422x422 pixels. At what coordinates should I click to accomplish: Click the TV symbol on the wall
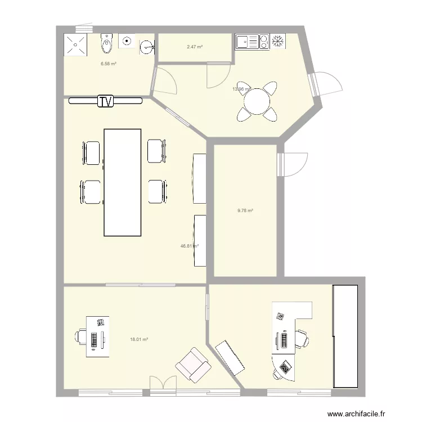105,101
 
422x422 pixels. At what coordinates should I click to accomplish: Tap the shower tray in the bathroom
75,44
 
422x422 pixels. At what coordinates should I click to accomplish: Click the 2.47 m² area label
195,46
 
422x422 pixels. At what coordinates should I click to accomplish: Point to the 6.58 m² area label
109,64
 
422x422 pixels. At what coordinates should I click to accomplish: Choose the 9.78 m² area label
245,210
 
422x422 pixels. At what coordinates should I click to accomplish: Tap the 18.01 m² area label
139,339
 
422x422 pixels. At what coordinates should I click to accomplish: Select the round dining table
257,102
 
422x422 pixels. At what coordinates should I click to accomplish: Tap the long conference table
122,182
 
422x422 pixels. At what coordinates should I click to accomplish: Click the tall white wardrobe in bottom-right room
345,336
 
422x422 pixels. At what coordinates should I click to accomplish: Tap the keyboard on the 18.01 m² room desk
94,338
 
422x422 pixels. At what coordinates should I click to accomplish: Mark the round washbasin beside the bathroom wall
147,46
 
